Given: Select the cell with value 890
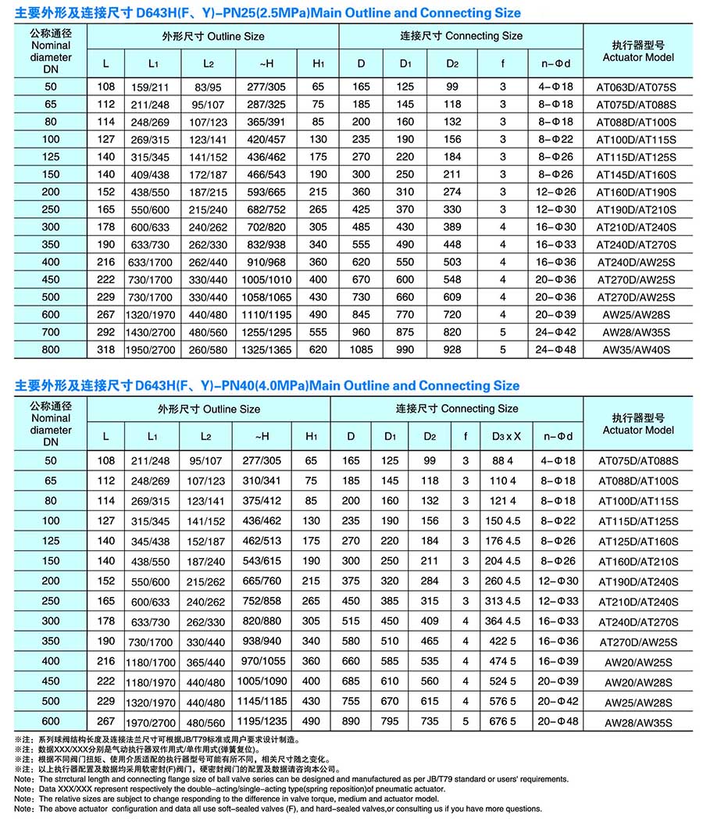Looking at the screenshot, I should pos(351,721).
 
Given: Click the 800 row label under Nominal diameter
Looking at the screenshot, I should pos(51,349).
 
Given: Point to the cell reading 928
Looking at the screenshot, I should pos(453,349).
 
